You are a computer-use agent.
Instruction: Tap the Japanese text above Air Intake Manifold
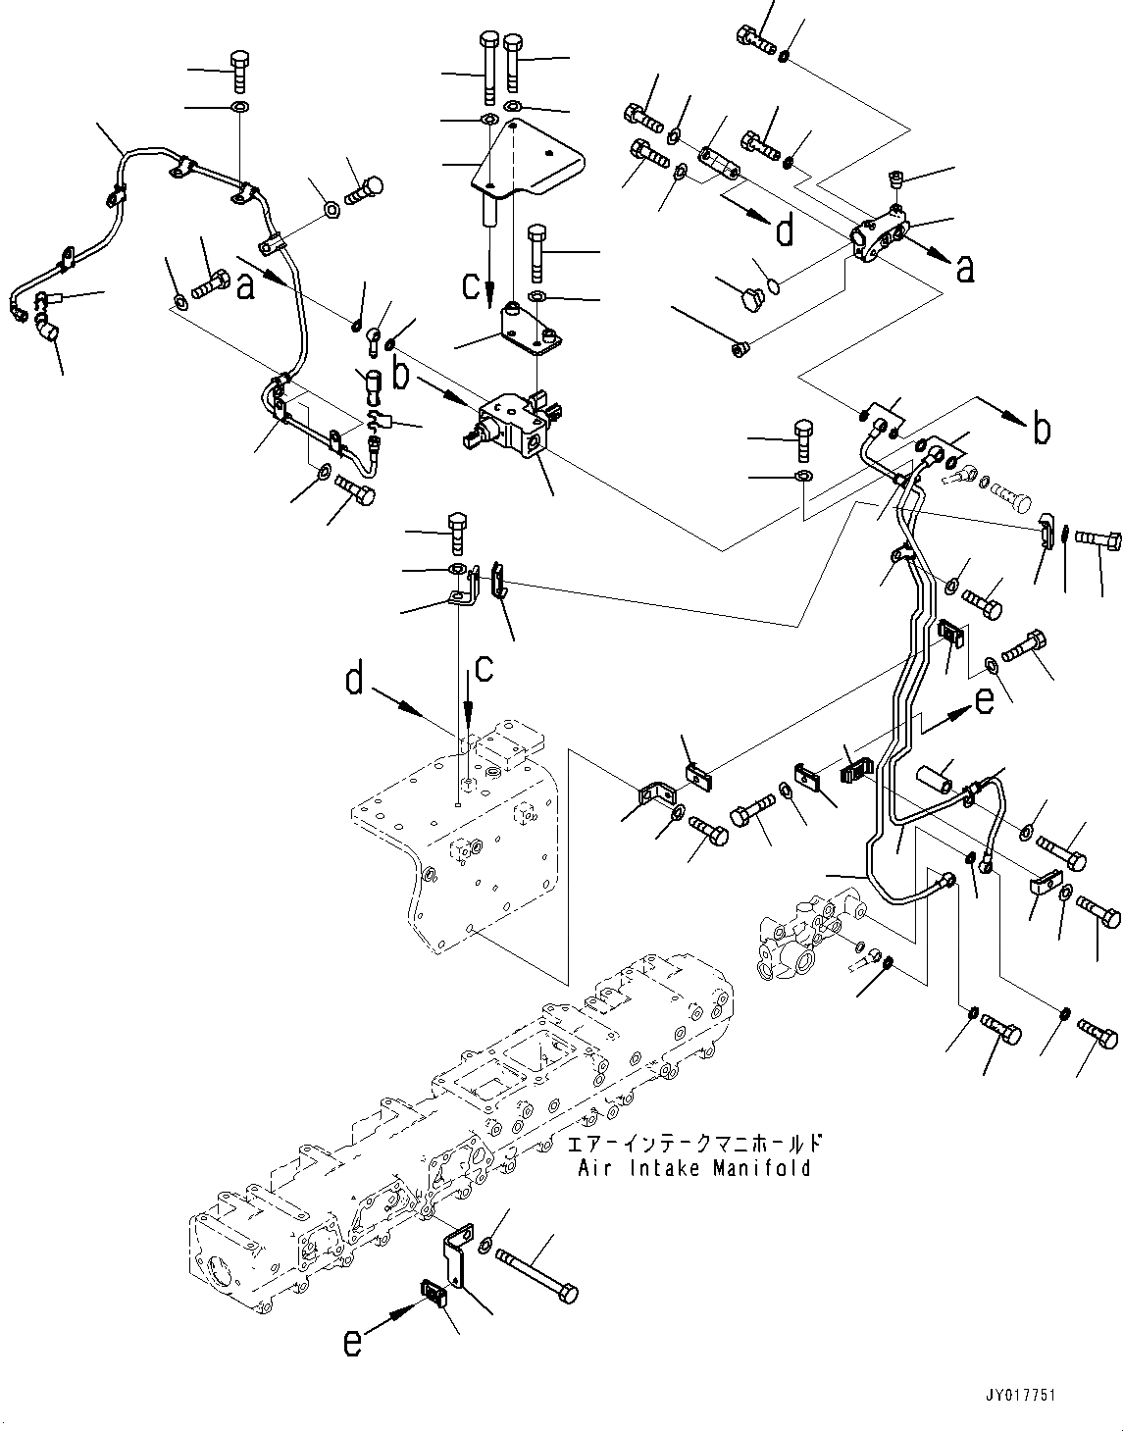pyautogui.click(x=694, y=1145)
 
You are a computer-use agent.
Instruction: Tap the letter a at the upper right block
pyautogui.click(x=965, y=268)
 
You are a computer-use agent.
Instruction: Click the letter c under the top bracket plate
pyautogui.click(x=472, y=285)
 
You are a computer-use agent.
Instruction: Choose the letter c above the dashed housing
pyautogui.click(x=485, y=669)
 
